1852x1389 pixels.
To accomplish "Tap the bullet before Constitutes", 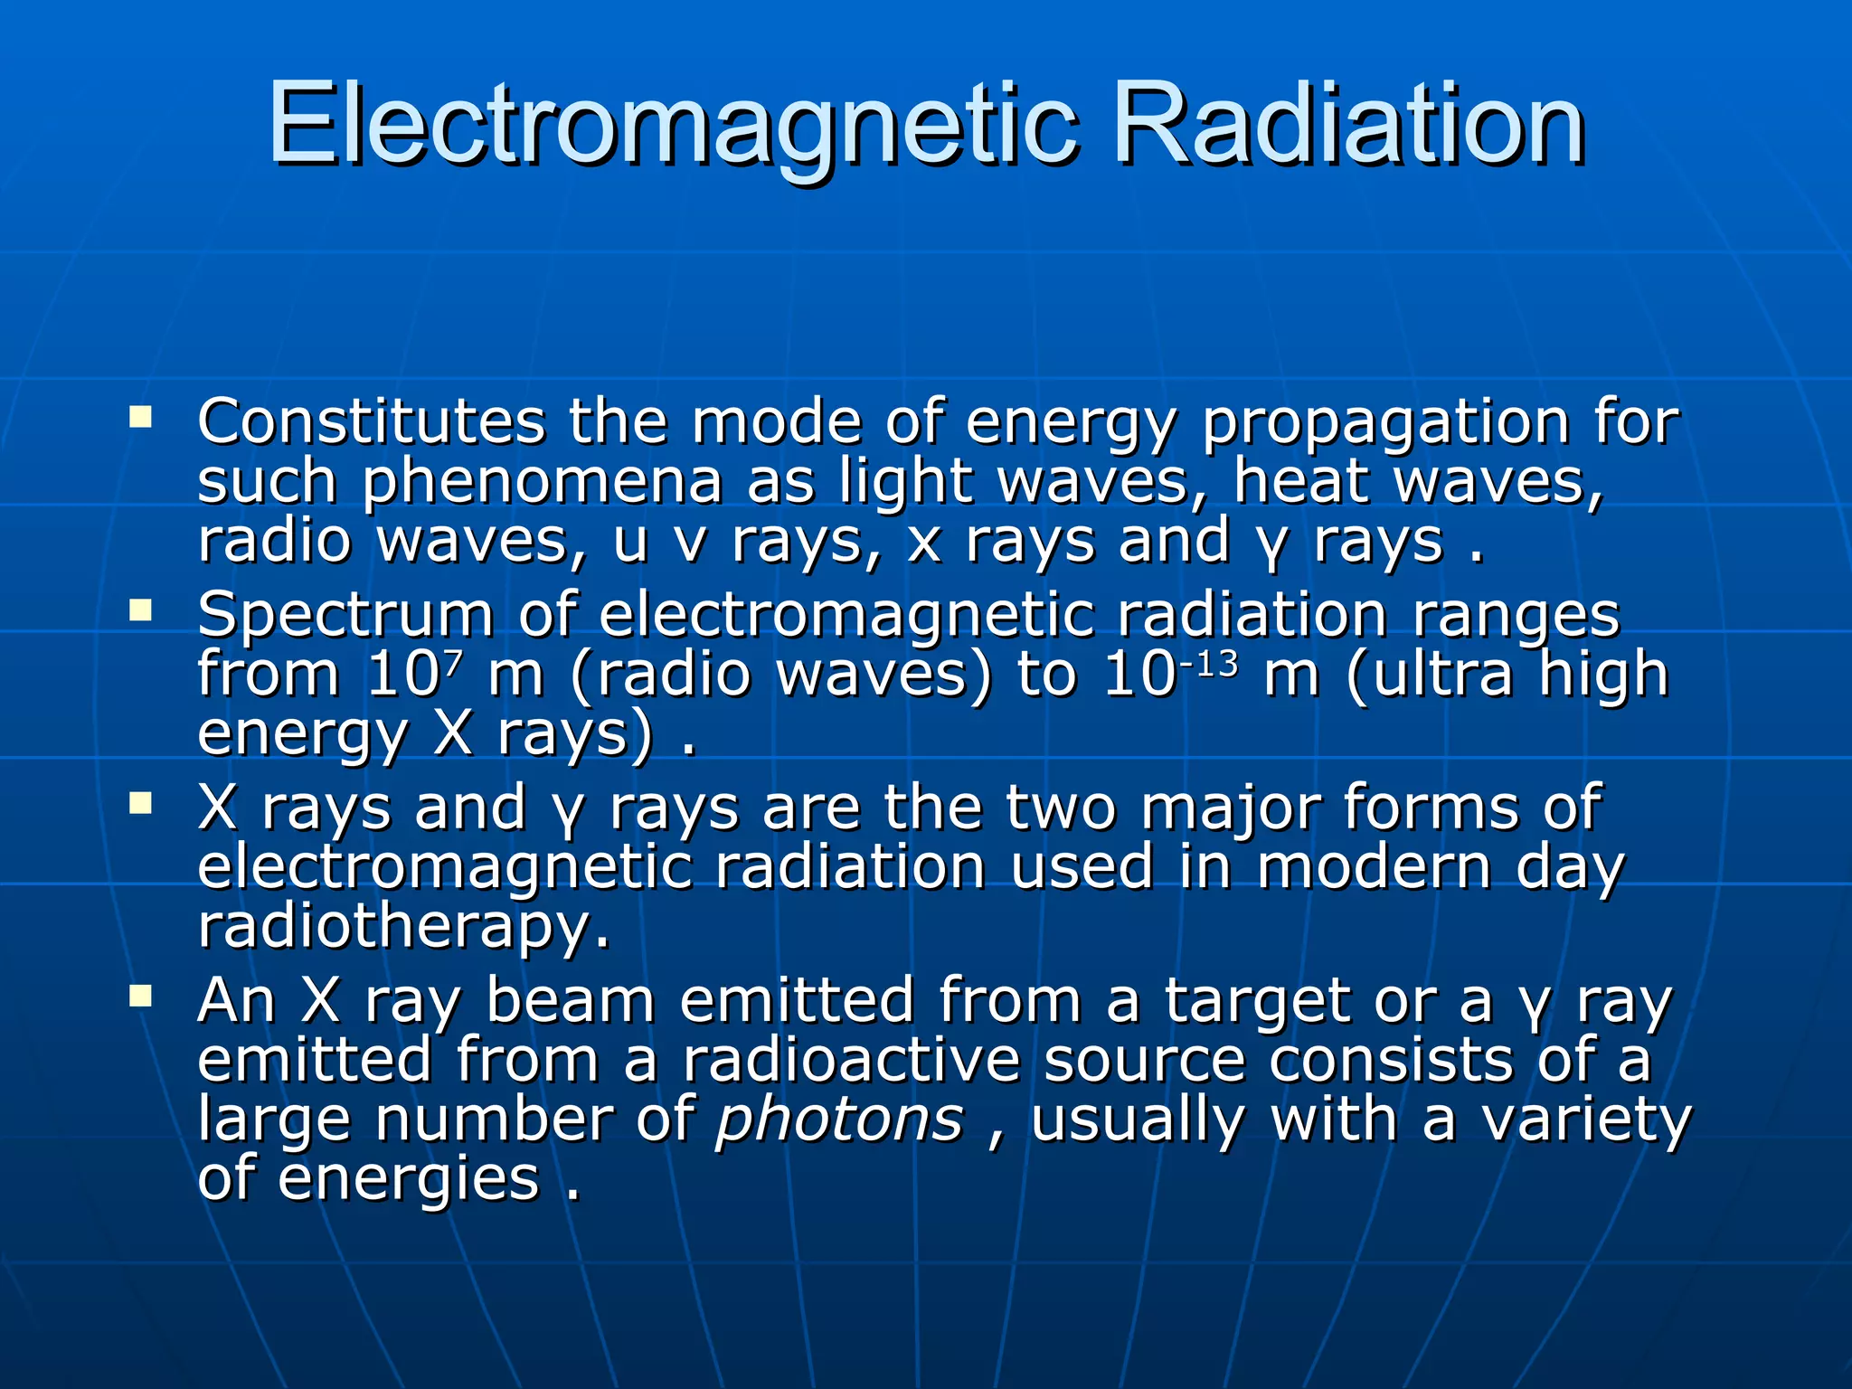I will [141, 418].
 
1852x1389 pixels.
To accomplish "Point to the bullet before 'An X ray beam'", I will [141, 997].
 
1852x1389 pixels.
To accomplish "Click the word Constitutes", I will [371, 423].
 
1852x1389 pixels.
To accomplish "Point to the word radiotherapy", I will [403, 928].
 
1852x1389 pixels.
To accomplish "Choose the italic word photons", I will [839, 1121].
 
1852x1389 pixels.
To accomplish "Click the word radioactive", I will [850, 1060].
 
